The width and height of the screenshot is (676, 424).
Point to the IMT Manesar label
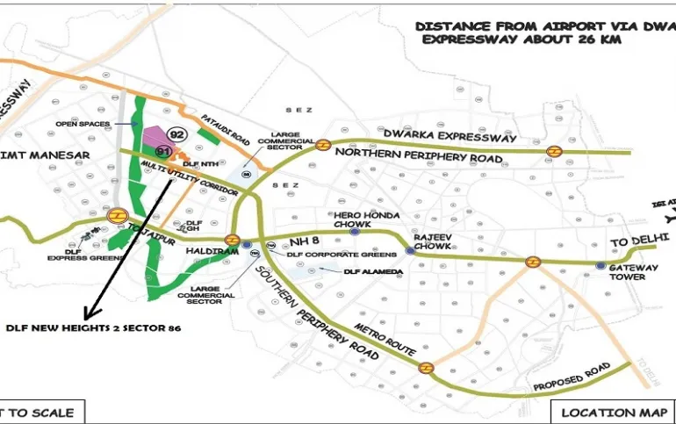pyautogui.click(x=48, y=155)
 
